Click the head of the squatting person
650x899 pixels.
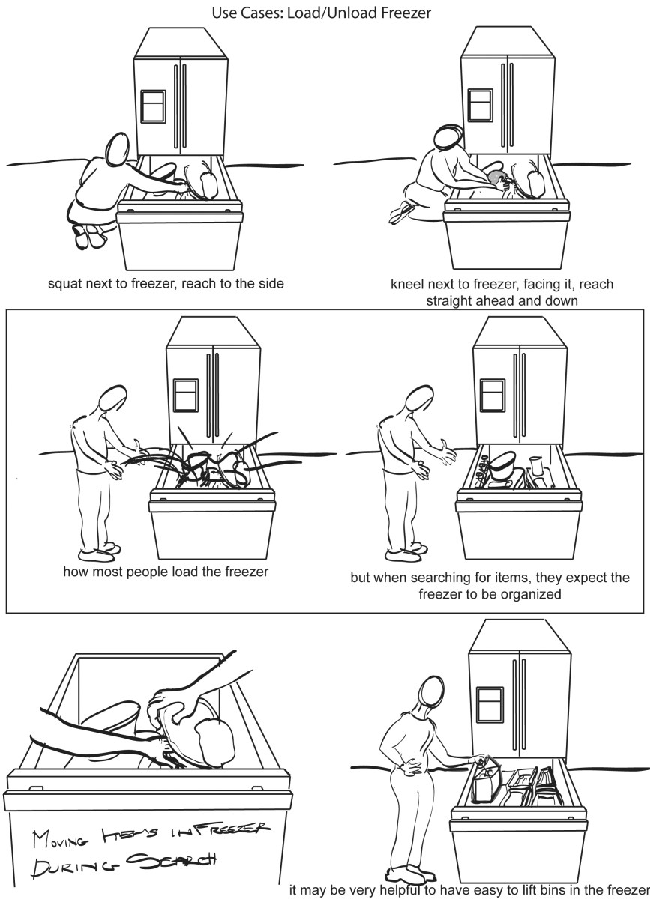[118, 150]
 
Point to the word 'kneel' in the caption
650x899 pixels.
[408, 285]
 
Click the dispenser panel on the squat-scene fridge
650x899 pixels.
[153, 106]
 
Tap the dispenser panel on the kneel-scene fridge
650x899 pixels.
[479, 106]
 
